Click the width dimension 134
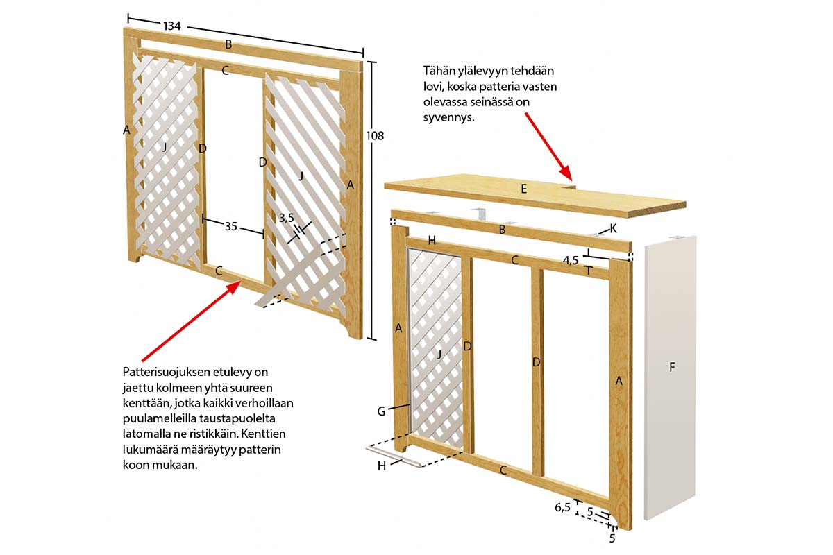(x=172, y=26)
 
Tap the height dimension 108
(x=374, y=136)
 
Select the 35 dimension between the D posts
(x=230, y=226)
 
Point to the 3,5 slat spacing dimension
(x=286, y=218)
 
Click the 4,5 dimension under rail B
(x=571, y=261)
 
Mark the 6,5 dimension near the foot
(x=562, y=507)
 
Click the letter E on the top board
(x=524, y=189)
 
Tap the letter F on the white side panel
(x=672, y=367)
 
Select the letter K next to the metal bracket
(x=613, y=229)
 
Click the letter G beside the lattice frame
(x=381, y=411)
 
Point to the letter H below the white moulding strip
(x=382, y=466)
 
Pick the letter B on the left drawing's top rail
(x=228, y=44)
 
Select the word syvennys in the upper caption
(x=449, y=118)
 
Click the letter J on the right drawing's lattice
(x=439, y=355)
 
